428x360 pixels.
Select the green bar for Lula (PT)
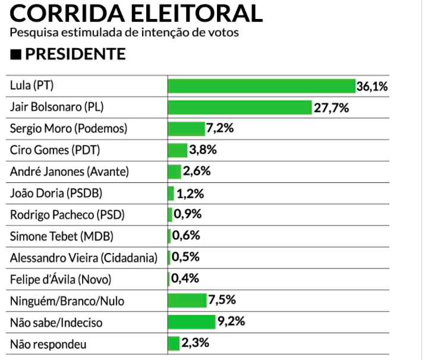coord(262,86)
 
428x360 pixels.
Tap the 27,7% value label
coord(331,108)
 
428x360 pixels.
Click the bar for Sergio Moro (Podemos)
coord(186,128)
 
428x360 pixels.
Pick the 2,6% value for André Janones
coord(197,171)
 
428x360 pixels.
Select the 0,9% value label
coord(187,214)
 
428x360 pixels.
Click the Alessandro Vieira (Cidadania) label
coord(84,257)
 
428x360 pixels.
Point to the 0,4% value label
coord(184,278)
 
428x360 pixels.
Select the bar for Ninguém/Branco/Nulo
coord(187,300)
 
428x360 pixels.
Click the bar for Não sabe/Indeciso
coord(191,321)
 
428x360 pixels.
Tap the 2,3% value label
coord(195,343)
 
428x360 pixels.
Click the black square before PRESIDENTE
coord(16,55)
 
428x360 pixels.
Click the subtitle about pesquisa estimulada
coord(125,33)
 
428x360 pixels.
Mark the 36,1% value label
coord(372,87)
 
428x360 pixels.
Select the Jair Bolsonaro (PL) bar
coord(240,108)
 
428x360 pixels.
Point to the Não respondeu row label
coord(45,343)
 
